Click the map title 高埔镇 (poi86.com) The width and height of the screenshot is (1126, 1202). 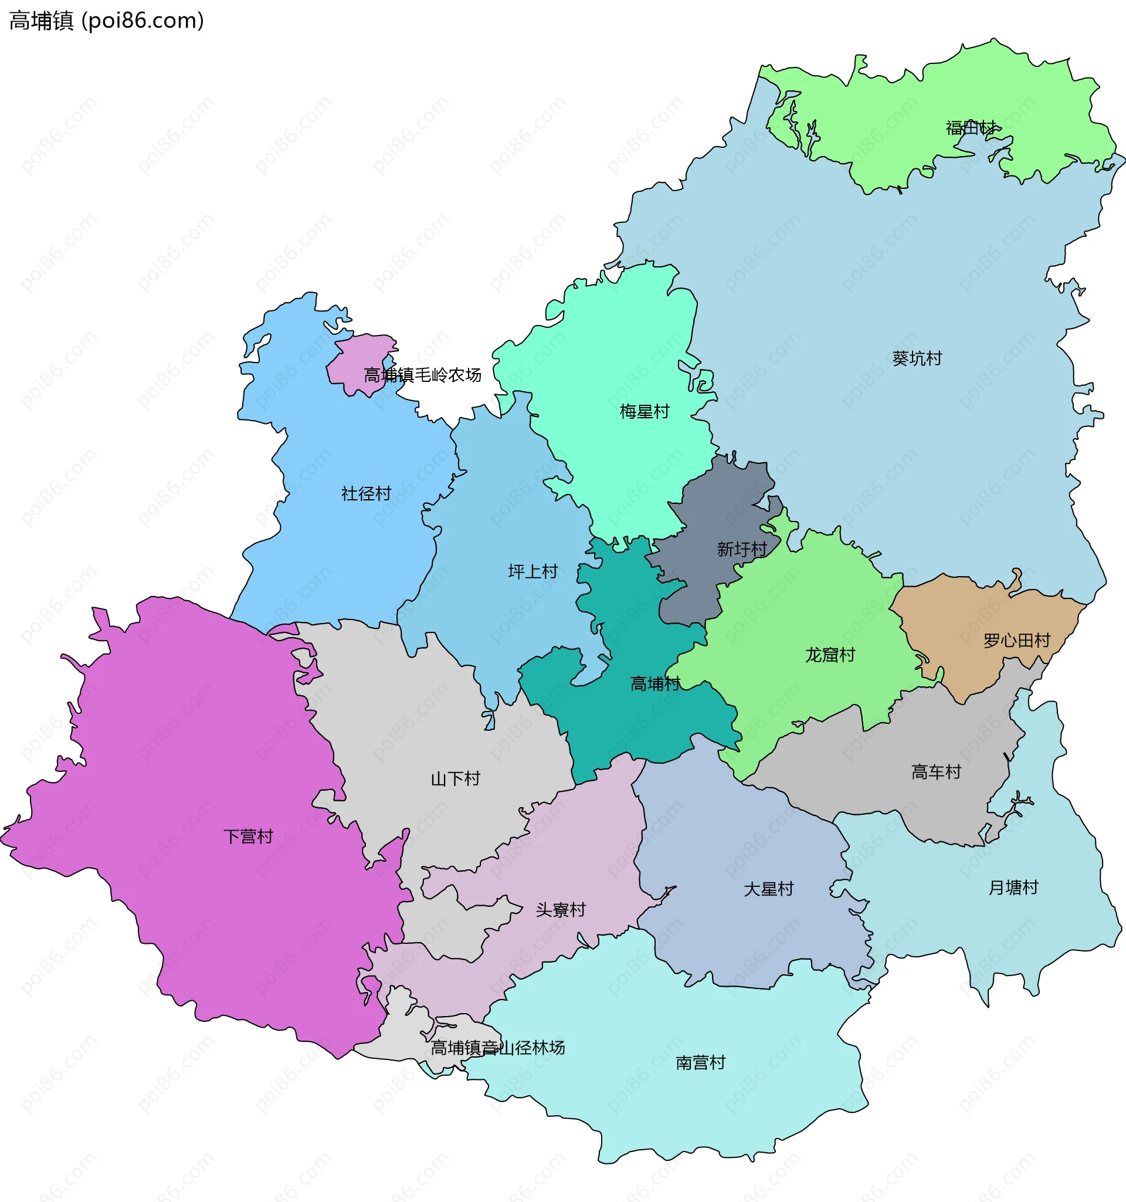(106, 21)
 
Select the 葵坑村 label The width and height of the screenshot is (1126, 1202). (917, 358)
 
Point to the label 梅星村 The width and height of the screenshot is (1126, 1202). (645, 412)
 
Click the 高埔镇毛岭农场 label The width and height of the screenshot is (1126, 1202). (422, 375)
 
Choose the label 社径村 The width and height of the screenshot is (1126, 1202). (367, 494)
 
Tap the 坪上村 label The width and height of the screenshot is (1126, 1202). (533, 571)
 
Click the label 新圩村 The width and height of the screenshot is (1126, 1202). (742, 549)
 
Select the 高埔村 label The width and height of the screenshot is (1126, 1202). (655, 684)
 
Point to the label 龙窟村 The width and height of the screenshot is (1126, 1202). (830, 655)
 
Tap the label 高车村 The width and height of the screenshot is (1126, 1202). (935, 772)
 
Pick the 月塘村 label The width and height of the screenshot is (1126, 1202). (1013, 888)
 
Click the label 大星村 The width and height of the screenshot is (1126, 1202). (768, 889)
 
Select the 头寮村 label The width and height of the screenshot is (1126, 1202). (560, 910)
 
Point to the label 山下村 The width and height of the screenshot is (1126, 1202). (455, 779)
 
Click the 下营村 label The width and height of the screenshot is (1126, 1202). (249, 837)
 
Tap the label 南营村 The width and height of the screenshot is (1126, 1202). (700, 1063)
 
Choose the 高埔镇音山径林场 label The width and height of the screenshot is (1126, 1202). (497, 1048)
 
